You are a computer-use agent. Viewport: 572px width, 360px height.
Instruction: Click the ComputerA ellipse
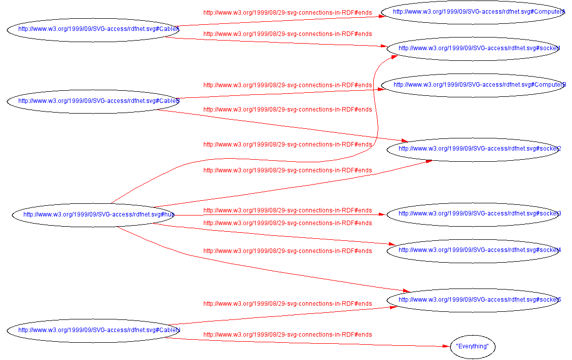[473, 12]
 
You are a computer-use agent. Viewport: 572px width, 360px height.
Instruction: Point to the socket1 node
[473, 49]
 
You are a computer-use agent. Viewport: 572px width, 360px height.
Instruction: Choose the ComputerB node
[473, 85]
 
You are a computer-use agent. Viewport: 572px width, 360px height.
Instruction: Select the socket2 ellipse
[473, 149]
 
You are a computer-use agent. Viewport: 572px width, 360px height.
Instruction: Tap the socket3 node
[473, 213]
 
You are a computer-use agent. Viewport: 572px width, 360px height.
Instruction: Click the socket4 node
[473, 250]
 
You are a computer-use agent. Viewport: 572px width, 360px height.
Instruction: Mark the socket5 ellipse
[473, 300]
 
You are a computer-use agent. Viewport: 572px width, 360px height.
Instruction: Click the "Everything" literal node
[472, 347]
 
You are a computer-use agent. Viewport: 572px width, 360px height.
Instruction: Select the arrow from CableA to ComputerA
[279, 21]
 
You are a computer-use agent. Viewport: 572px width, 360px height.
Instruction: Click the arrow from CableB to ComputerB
[279, 94]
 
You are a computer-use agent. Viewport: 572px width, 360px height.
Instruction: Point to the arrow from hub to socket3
[279, 214]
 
